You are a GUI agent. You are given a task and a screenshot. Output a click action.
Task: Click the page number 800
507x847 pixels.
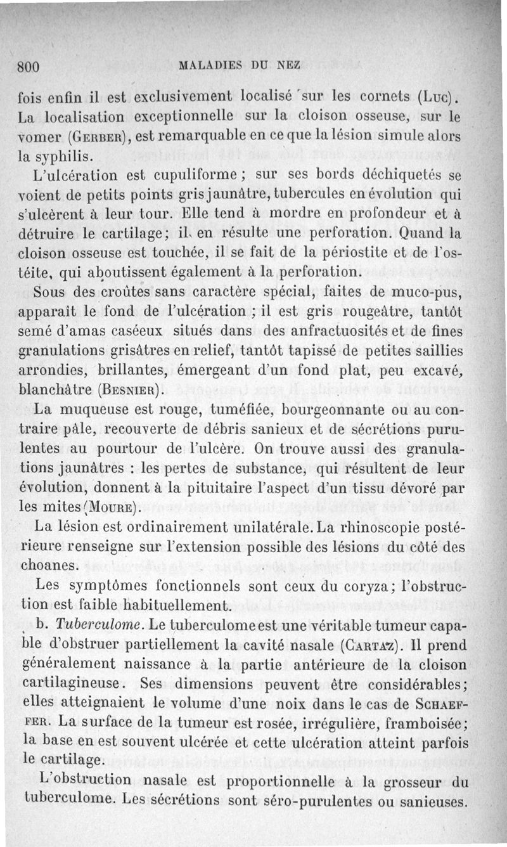click(x=29, y=65)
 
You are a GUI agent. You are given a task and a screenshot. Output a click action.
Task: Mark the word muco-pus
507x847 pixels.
click(x=430, y=292)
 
